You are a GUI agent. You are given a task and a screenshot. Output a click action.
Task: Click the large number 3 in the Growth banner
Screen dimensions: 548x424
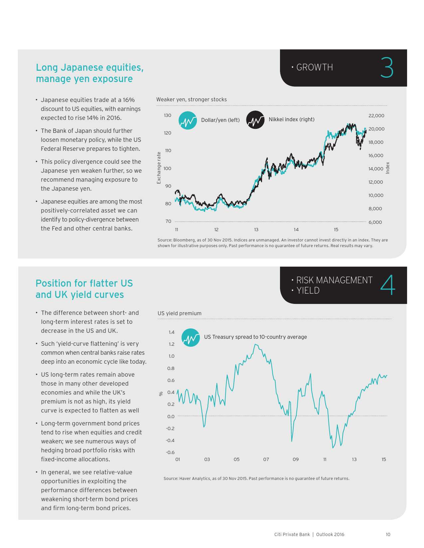(x=387, y=68)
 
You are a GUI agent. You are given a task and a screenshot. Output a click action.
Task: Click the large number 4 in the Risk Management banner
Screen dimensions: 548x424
(x=388, y=285)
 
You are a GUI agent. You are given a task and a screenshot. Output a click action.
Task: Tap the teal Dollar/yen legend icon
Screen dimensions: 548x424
(x=188, y=120)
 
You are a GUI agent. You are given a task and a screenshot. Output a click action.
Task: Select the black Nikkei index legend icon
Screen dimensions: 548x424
(x=255, y=120)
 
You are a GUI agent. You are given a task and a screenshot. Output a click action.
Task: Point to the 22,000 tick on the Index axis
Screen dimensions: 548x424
(x=376, y=116)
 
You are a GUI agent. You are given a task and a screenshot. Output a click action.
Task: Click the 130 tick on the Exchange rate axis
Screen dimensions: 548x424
(x=167, y=115)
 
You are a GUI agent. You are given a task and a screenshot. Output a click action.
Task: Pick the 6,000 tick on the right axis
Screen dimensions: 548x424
(x=375, y=222)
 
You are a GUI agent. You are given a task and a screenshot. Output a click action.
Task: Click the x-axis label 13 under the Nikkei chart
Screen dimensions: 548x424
(x=256, y=229)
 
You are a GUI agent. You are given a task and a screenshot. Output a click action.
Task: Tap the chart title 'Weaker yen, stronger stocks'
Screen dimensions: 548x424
(x=191, y=99)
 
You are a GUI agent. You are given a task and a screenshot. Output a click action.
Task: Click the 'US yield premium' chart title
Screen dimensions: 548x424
(x=179, y=313)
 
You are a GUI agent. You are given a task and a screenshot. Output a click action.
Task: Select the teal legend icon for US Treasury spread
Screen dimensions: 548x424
(x=191, y=337)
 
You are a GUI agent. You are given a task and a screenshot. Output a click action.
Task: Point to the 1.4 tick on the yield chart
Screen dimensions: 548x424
(x=171, y=332)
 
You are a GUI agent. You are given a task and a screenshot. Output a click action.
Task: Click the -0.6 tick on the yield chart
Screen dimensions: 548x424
(x=170, y=452)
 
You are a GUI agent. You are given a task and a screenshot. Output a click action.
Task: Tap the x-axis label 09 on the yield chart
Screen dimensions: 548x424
(x=295, y=459)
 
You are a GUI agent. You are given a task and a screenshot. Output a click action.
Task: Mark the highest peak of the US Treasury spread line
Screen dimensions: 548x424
(x=255, y=344)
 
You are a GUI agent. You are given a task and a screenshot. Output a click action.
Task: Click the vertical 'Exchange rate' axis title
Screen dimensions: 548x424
(x=159, y=168)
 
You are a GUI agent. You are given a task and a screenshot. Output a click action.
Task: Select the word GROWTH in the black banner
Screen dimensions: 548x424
(x=314, y=67)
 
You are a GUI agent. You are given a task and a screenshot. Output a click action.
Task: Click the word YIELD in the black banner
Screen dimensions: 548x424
(x=308, y=291)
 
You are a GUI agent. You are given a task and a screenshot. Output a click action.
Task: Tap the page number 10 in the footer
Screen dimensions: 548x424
(x=388, y=534)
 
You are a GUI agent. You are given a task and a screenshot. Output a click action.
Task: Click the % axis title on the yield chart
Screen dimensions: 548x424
(x=161, y=394)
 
